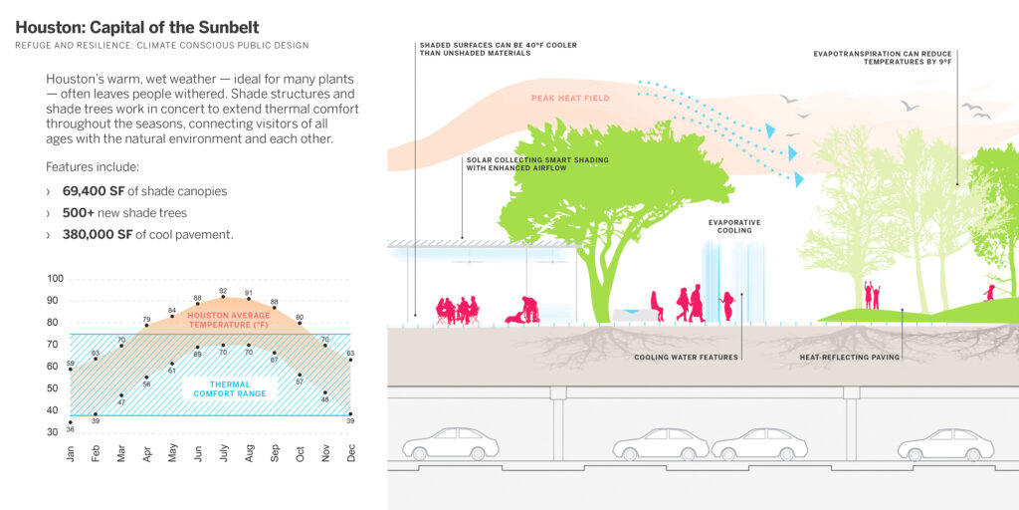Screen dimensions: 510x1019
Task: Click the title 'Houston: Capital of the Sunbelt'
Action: click(x=144, y=27)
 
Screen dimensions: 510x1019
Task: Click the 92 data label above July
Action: click(x=223, y=292)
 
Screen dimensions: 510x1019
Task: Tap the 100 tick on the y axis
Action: click(x=54, y=279)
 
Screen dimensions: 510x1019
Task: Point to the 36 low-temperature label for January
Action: click(x=71, y=430)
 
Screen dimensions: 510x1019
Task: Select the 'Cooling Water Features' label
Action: click(x=686, y=357)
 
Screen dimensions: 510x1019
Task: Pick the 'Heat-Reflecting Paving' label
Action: click(x=850, y=357)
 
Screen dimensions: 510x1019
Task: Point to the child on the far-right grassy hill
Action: click(x=989, y=292)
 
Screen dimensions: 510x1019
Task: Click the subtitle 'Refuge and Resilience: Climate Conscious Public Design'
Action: click(x=162, y=46)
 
